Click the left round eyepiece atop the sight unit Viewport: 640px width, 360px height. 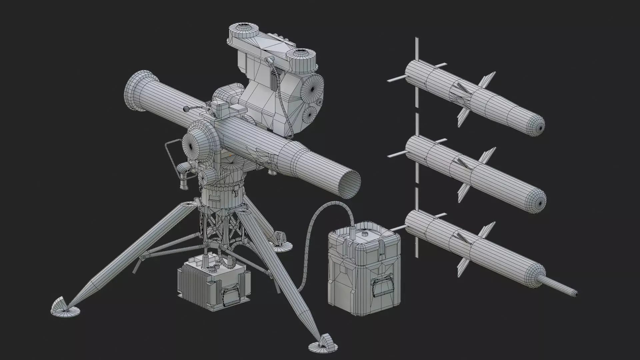[243, 28]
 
